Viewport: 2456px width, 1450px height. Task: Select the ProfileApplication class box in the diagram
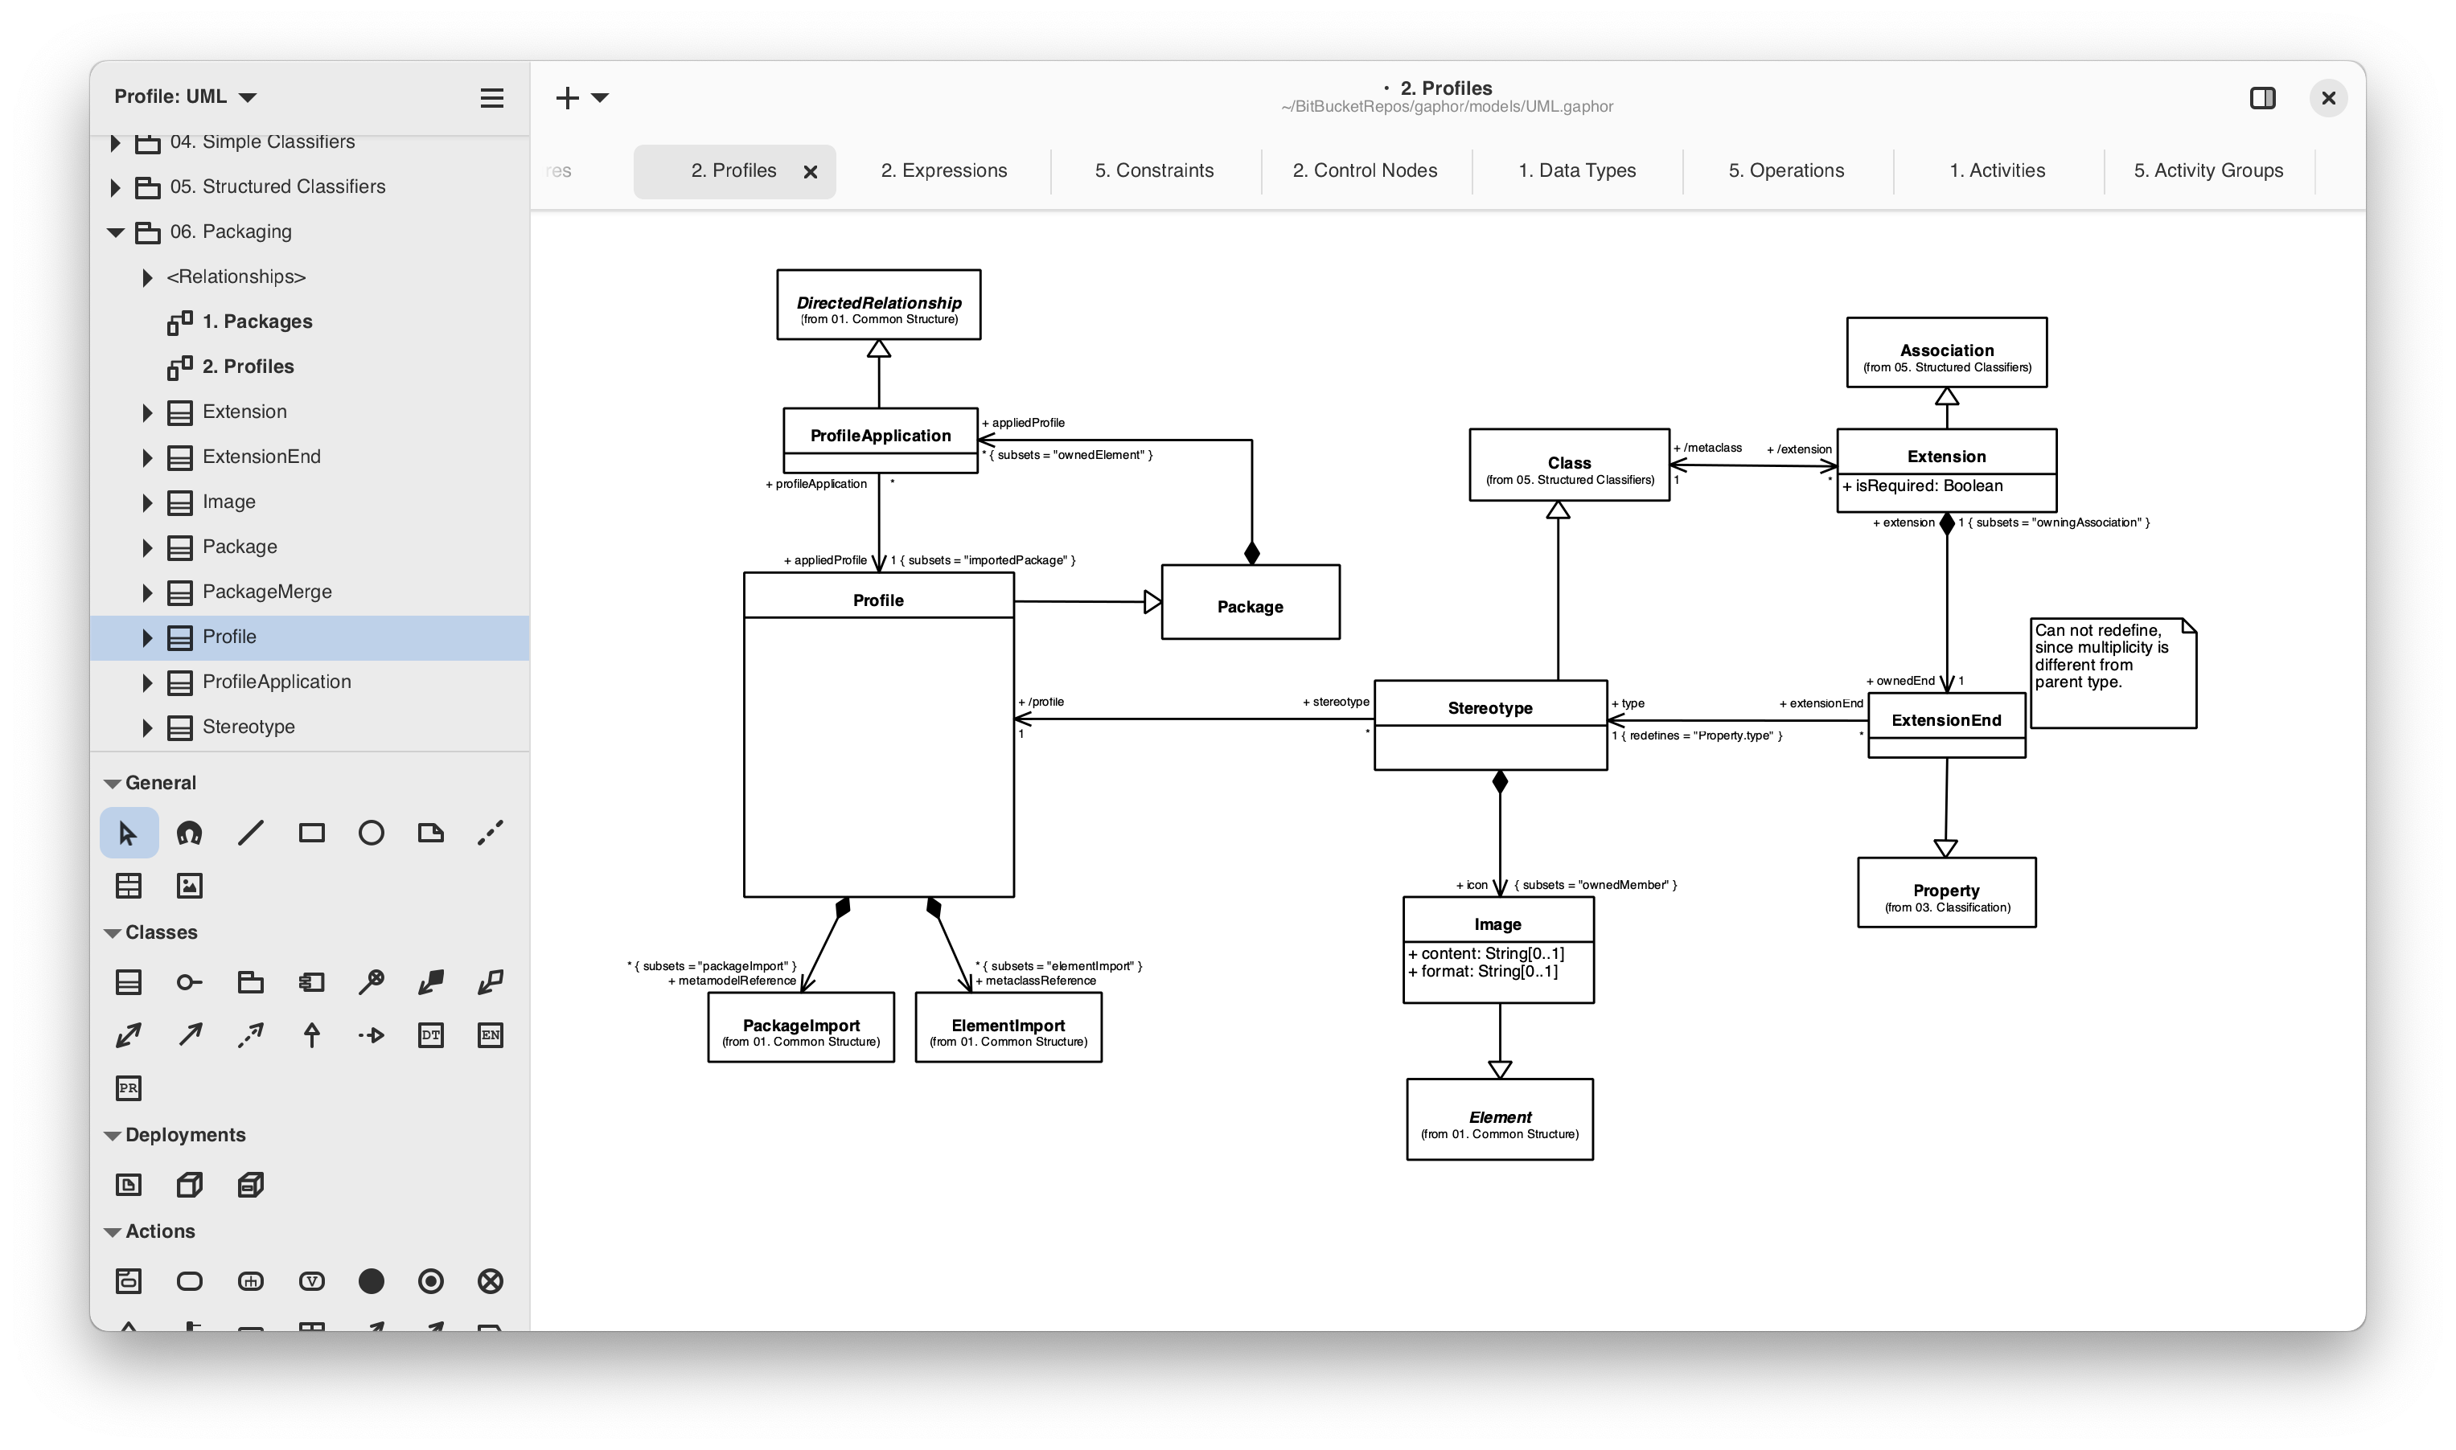pos(880,440)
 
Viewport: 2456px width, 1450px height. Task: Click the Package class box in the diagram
pos(1250,602)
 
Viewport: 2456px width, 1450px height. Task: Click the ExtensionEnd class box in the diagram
pos(1946,725)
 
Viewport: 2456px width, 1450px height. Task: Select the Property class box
pos(1946,892)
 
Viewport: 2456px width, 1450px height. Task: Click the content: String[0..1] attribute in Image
pos(1486,953)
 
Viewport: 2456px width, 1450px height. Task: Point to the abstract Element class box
pos(1499,1119)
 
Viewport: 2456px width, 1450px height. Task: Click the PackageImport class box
pos(800,1027)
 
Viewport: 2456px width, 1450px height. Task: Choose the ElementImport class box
pos(1008,1027)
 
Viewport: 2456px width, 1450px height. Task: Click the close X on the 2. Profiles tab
pos(810,172)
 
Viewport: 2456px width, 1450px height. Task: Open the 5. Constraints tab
pos(1154,171)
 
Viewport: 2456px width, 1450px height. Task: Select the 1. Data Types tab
pos(1576,171)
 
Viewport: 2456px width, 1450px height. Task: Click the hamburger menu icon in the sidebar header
pos(491,98)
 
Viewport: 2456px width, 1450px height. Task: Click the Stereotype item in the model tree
pos(248,727)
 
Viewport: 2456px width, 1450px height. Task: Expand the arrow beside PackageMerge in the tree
pos(146,592)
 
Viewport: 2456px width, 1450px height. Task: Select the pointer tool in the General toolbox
pos(128,834)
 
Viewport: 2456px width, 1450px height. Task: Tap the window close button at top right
pos(2328,98)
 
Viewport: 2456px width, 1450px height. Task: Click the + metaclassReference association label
pos(1035,981)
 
